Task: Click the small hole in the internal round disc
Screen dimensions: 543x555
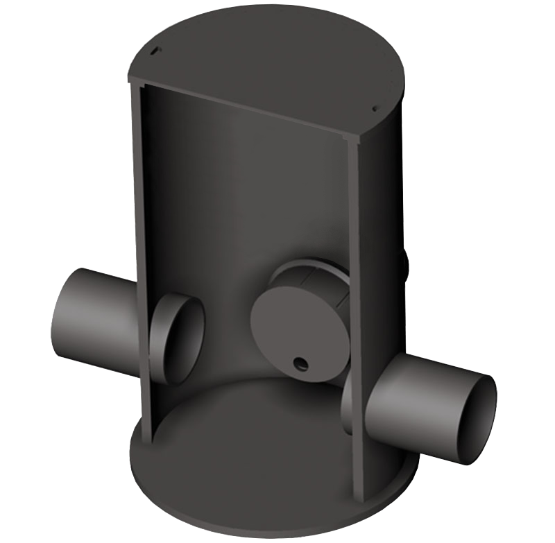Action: (x=300, y=363)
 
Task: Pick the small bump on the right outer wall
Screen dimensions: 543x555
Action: (x=405, y=262)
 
